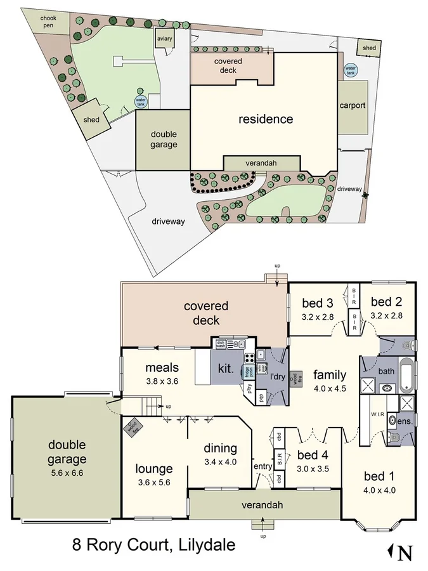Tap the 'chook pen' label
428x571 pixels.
click(49, 22)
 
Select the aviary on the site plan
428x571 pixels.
click(164, 39)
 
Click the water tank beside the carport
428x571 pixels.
click(350, 70)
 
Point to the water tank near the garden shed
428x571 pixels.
click(141, 102)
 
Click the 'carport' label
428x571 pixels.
click(353, 106)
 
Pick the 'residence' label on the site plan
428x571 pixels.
click(266, 119)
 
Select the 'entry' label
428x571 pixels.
click(262, 467)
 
